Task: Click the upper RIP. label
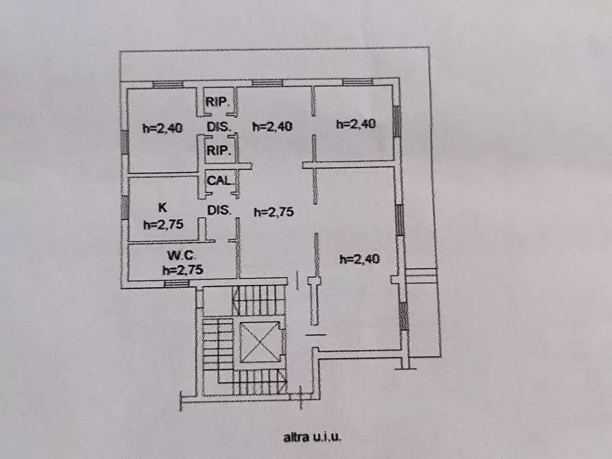point(217,102)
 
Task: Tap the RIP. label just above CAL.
point(219,150)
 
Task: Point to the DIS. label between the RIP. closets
point(219,127)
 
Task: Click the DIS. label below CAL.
point(219,210)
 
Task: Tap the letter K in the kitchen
point(162,208)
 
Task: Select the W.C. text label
point(182,256)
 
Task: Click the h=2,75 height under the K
point(163,225)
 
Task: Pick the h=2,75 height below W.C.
point(183,270)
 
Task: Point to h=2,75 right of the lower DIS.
point(273,212)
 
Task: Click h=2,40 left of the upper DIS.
point(162,128)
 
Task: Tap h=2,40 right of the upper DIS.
point(272,126)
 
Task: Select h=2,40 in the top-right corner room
point(356,124)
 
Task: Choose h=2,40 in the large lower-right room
point(360,259)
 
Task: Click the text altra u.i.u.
point(313,437)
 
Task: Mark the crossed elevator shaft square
point(260,342)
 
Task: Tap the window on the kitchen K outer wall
point(125,208)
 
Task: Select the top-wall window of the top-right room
point(357,82)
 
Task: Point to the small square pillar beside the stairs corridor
point(314,282)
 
